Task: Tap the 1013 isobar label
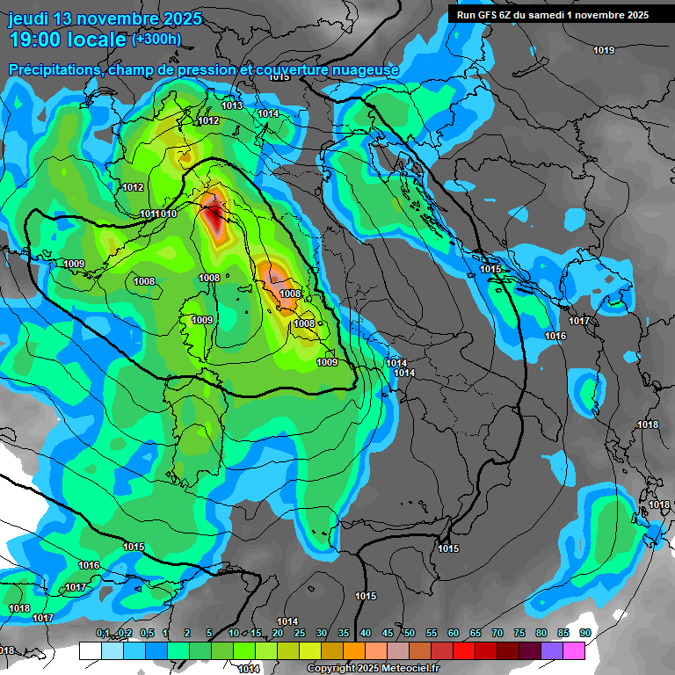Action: pos(232,105)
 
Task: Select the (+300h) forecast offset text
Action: pos(156,39)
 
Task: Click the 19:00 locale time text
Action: pos(67,40)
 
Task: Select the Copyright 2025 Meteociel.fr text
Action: pos(367,668)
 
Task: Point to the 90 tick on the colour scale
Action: pos(584,633)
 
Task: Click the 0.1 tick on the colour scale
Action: pos(102,633)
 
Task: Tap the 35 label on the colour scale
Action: pos(344,633)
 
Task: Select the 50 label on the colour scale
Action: pos(410,633)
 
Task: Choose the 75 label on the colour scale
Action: pos(519,633)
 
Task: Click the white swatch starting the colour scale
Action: pos(90,650)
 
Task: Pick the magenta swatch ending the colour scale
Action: pos(574,650)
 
